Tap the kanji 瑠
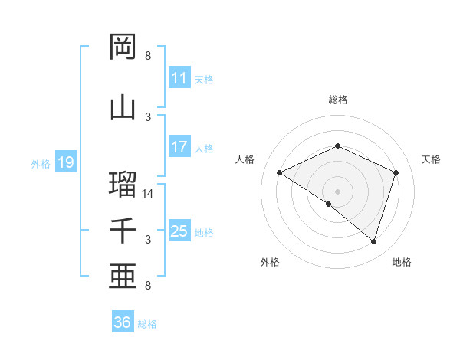point(123,185)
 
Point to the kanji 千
point(123,231)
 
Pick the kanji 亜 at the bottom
point(123,277)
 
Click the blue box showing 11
point(179,78)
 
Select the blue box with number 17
point(179,147)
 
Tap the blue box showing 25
point(179,231)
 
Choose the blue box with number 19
point(65,162)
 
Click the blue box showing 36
point(123,322)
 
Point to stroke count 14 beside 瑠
point(148,194)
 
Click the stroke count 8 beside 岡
point(148,56)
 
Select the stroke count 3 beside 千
point(148,240)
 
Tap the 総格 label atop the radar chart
point(337,100)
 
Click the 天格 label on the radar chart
point(431,159)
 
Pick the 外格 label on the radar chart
point(270,262)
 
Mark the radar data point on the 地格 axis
point(373,241)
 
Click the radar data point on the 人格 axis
point(280,173)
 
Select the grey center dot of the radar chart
point(337,191)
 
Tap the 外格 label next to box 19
point(40,163)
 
